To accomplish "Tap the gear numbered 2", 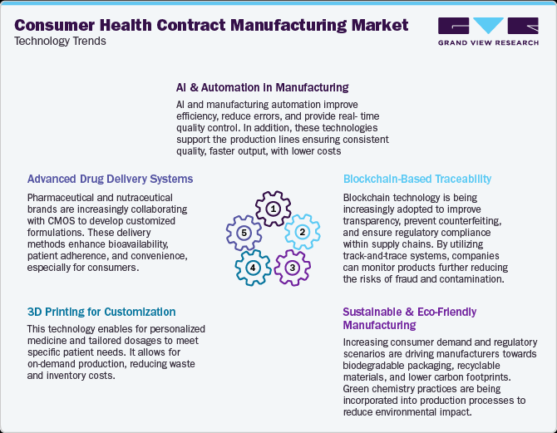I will [x=303, y=232].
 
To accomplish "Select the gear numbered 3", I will [x=292, y=267].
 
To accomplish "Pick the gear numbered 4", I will [x=254, y=268].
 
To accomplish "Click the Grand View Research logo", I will [x=487, y=32].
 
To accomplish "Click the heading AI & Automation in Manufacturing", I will [x=262, y=86].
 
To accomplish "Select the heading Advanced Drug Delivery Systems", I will [x=110, y=179].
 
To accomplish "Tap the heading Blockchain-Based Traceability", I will [x=417, y=179].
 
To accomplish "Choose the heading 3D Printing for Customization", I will [x=101, y=312].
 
